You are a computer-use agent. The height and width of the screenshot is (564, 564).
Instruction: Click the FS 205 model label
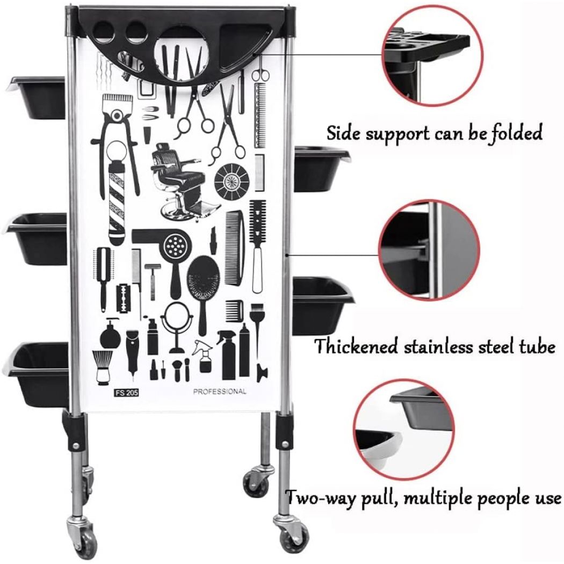tap(126, 393)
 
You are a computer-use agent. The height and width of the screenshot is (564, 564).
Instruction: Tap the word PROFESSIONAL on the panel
tap(220, 392)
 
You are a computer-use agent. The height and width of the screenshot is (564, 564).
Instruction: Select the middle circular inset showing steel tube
tap(429, 250)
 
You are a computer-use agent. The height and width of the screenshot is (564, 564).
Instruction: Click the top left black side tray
tap(37, 97)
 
